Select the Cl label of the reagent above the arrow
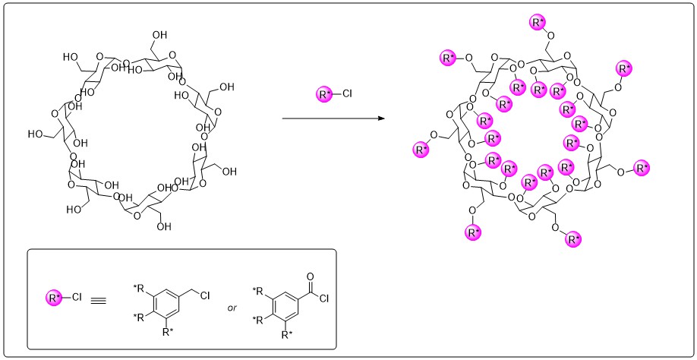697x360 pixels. [x=347, y=95]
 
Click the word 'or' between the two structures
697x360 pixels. [x=233, y=308]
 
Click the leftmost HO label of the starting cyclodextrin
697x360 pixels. [x=36, y=134]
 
